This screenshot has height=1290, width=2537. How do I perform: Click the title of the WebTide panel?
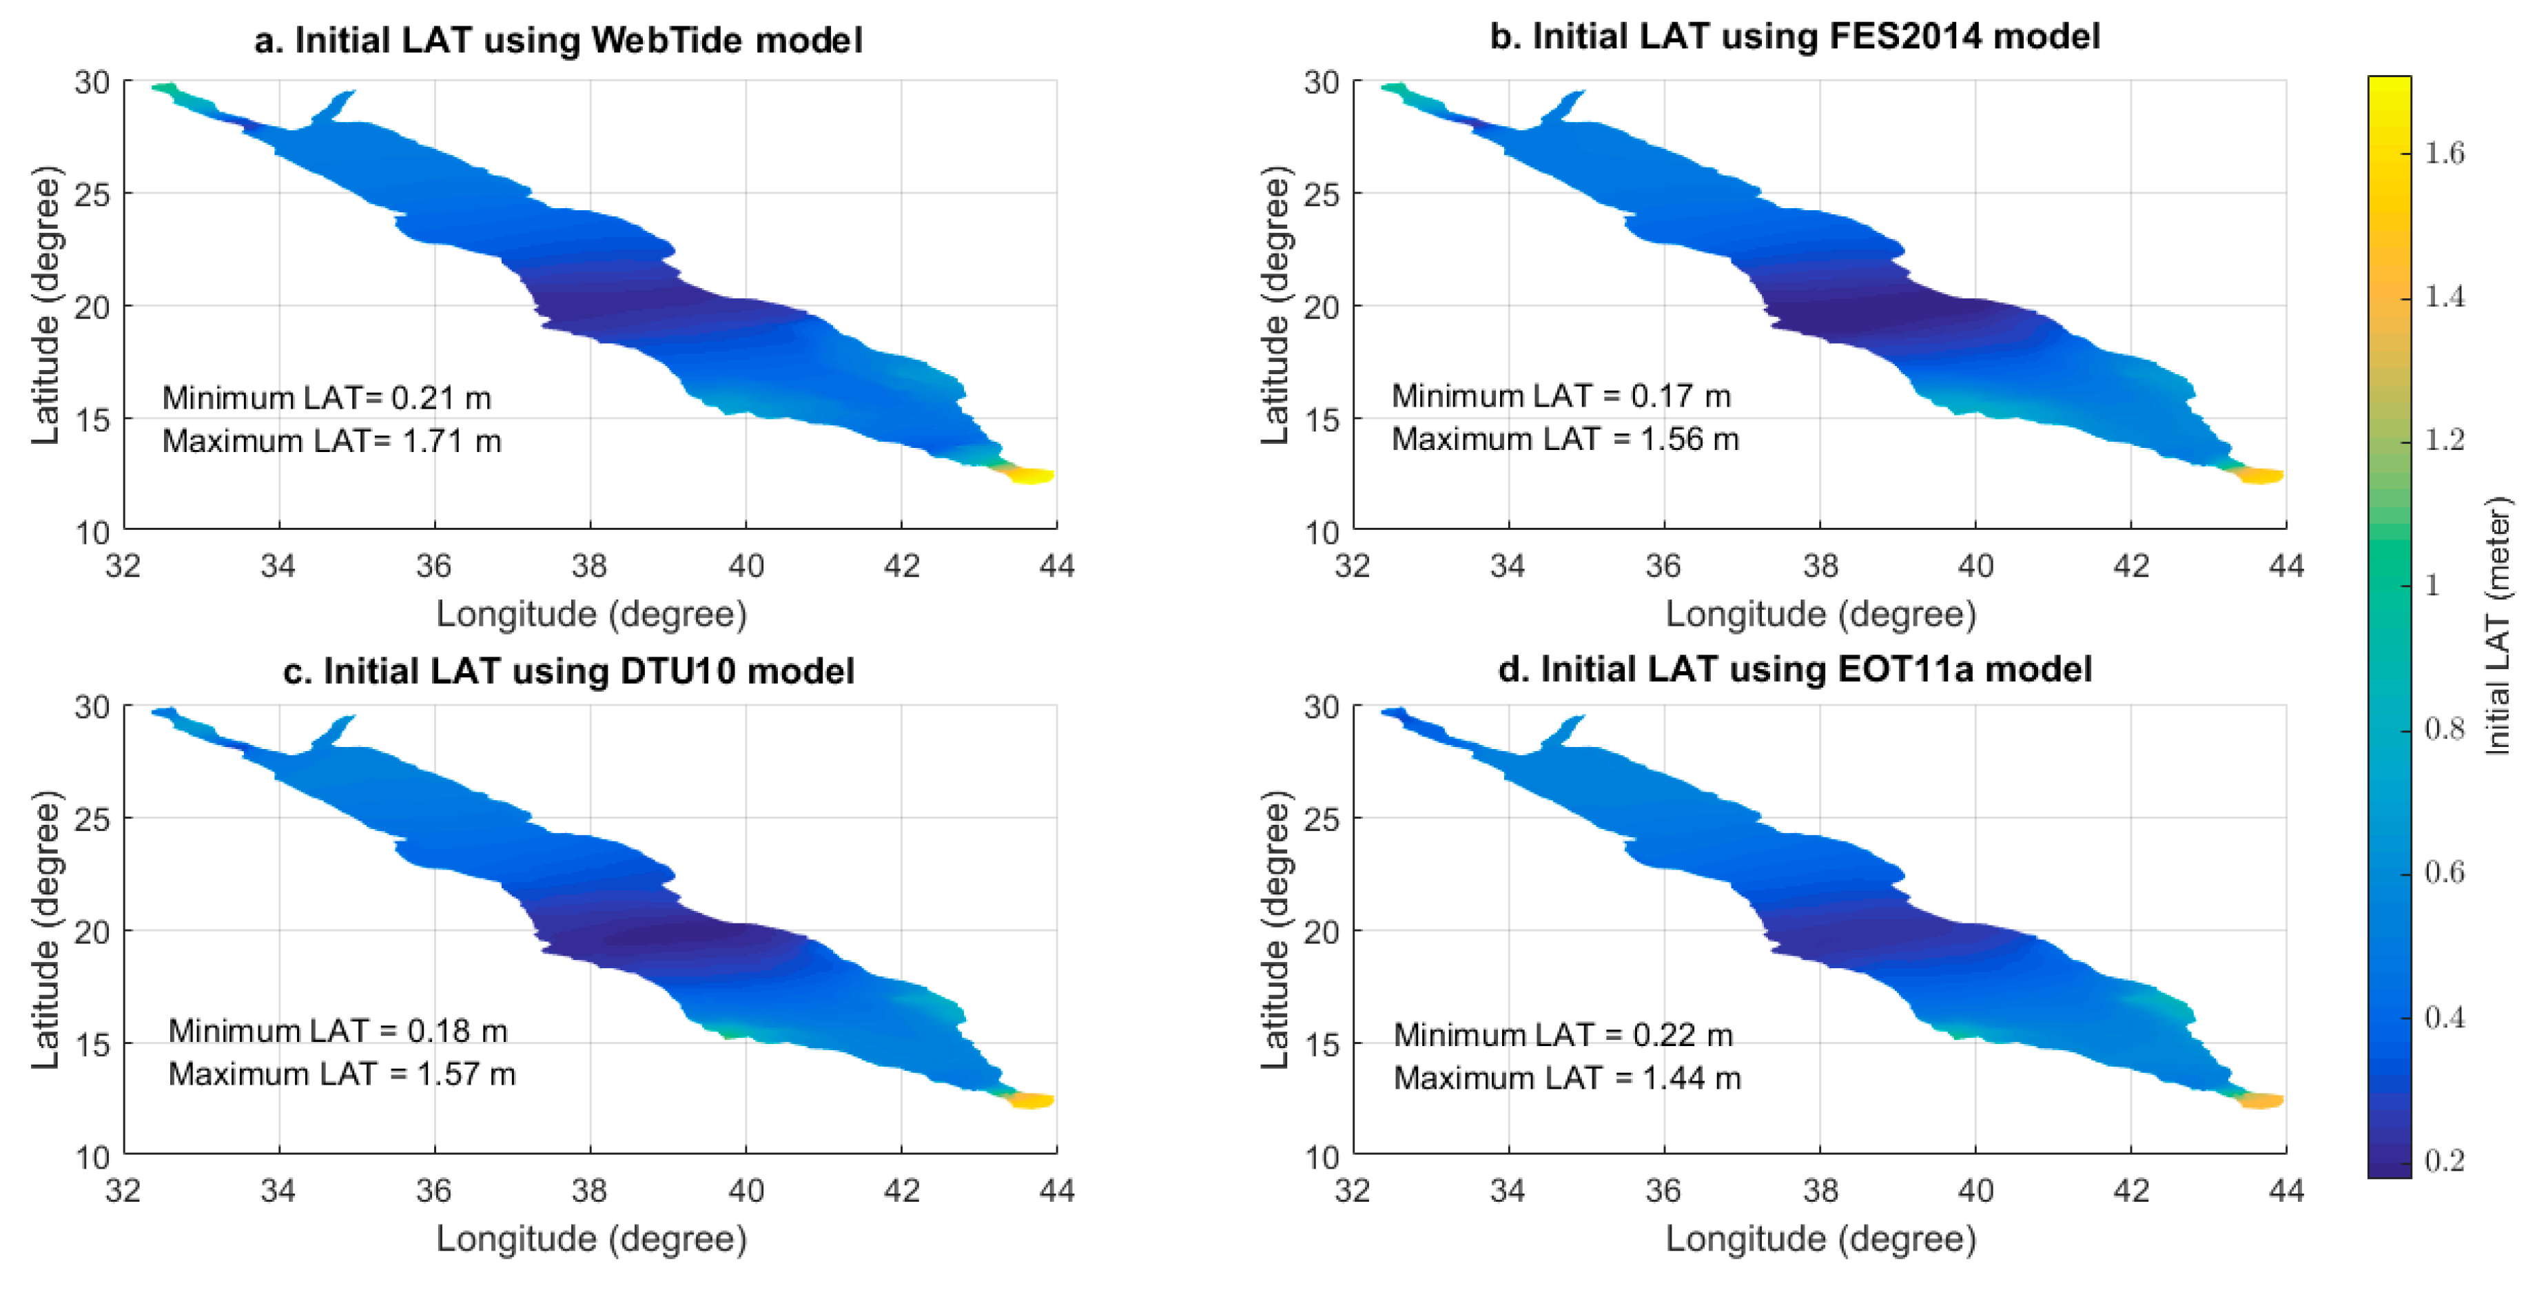[557, 41]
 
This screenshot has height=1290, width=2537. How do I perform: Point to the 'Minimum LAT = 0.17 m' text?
[1560, 396]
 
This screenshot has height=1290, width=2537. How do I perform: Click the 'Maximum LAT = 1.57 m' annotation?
[342, 1074]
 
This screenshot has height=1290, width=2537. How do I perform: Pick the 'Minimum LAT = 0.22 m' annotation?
[1563, 1035]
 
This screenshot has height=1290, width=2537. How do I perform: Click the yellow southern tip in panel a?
[1030, 475]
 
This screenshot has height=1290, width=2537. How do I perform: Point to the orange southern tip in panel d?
[2260, 1101]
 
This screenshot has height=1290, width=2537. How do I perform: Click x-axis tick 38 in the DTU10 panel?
[589, 1191]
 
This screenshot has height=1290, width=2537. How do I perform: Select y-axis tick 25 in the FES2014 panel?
[1321, 194]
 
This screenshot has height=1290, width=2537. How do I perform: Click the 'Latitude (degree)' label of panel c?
[45, 930]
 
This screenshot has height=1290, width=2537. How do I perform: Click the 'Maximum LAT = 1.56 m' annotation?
[1564, 439]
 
